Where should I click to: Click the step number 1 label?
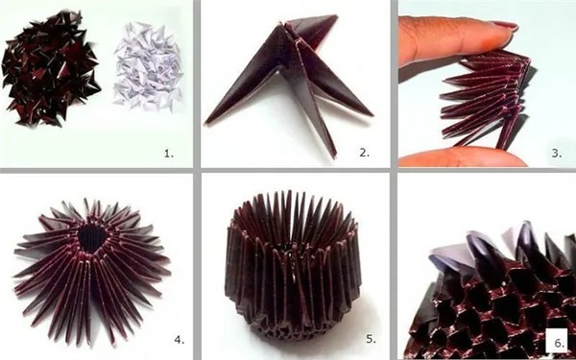coord(169,154)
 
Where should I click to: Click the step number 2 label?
coord(364,153)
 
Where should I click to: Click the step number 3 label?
coord(557,153)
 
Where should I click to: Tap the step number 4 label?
coord(179,340)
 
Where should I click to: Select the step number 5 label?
coord(371,339)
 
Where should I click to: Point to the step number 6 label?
coord(559,344)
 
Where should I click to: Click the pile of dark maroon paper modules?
coord(51,68)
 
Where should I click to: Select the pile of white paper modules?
coord(148,66)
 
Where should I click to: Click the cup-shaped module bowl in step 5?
coord(293,265)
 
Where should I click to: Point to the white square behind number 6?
coord(559,341)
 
